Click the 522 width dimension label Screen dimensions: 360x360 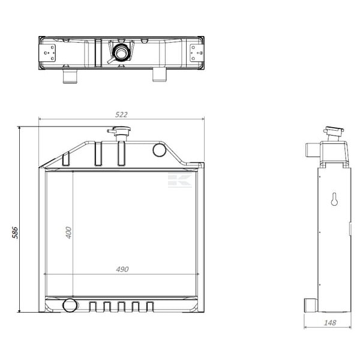[x=121, y=115]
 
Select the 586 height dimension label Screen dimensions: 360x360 [x=15, y=233]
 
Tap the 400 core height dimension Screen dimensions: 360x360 [x=68, y=233]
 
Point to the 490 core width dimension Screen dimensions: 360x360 [x=122, y=269]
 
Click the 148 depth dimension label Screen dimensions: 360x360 [x=330, y=323]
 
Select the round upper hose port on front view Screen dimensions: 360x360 [x=160, y=149]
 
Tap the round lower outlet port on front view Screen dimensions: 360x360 [x=70, y=305]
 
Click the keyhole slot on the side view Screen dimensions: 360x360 [x=334, y=199]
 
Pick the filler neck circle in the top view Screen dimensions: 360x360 [x=121, y=53]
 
